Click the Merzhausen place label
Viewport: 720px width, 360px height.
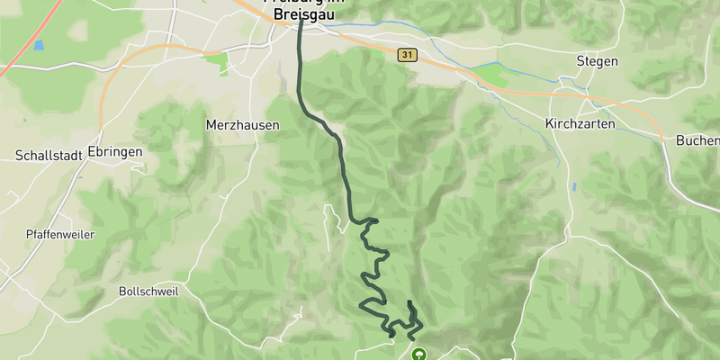242,125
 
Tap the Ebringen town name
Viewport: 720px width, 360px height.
115,152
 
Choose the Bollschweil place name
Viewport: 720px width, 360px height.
148,292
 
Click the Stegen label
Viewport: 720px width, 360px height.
597,61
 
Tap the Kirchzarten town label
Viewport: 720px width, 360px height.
580,123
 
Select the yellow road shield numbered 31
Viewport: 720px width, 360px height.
408,56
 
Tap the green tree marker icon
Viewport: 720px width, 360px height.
418,355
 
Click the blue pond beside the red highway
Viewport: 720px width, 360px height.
38,45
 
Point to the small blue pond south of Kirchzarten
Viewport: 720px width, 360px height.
572,187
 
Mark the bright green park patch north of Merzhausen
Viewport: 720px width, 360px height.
216,61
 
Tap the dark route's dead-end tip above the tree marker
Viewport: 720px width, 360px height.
409,302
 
